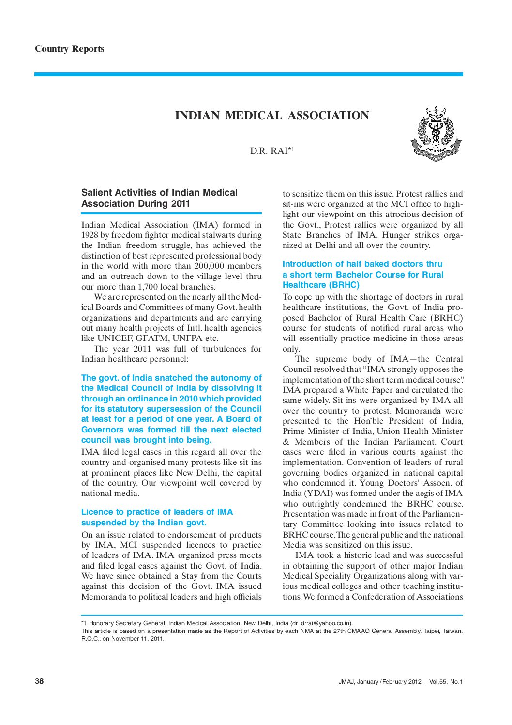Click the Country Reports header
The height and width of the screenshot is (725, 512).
(x=69, y=49)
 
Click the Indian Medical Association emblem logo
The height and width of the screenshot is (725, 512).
(x=436, y=134)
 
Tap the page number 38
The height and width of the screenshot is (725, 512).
(x=39, y=681)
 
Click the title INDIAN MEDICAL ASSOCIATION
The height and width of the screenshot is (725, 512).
(x=272, y=116)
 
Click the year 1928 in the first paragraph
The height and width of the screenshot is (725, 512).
(x=90, y=235)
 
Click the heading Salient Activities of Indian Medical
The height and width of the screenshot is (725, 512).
(x=159, y=193)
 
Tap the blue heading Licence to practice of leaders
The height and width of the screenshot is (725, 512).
(x=157, y=512)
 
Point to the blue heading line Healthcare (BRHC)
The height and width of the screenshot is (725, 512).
(x=321, y=285)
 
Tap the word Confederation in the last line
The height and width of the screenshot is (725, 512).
(x=377, y=597)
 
